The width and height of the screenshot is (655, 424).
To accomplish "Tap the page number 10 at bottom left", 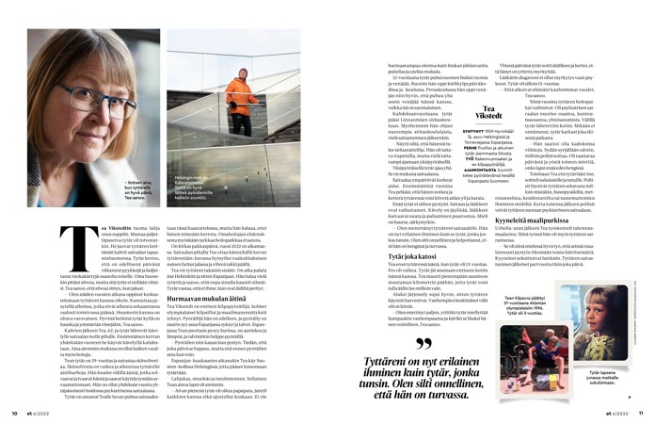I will click(15, 411).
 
